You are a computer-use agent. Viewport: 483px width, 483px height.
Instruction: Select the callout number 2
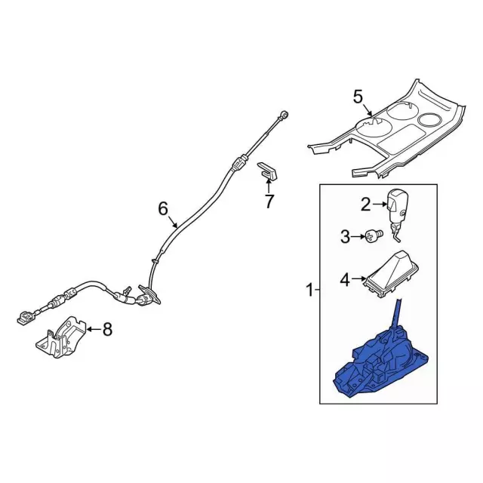tap(365, 204)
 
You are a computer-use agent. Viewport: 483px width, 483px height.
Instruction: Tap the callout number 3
tap(345, 238)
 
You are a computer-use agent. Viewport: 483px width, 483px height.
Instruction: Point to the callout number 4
tap(345, 280)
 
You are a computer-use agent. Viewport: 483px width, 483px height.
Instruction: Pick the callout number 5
tap(358, 96)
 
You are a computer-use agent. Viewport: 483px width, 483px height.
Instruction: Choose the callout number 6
tap(163, 208)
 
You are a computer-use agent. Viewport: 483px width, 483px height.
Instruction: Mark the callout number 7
tap(269, 201)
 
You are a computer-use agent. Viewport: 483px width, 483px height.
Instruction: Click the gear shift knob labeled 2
tap(398, 205)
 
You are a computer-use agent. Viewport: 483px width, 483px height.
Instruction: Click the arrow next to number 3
tap(358, 238)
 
